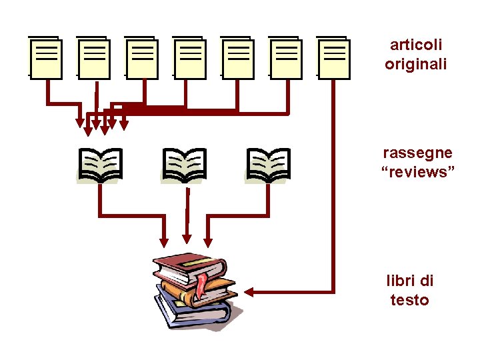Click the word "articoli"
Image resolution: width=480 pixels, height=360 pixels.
(x=416, y=45)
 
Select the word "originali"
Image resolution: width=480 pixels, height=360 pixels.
(x=416, y=64)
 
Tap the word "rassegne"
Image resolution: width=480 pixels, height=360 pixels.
(x=417, y=153)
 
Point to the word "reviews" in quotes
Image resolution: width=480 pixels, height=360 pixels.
(x=417, y=172)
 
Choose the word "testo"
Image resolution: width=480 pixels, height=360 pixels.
(x=409, y=300)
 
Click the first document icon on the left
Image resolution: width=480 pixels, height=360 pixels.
(x=46, y=58)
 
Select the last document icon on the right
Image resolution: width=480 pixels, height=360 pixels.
(x=333, y=58)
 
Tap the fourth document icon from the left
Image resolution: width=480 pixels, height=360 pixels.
(x=190, y=58)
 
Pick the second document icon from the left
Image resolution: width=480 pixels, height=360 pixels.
(x=94, y=58)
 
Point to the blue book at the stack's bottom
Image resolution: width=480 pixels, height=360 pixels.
(x=193, y=314)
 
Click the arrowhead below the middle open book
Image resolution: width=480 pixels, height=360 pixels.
(x=187, y=239)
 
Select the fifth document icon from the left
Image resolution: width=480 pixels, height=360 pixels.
(x=238, y=58)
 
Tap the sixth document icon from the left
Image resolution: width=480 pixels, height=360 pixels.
(x=286, y=58)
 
